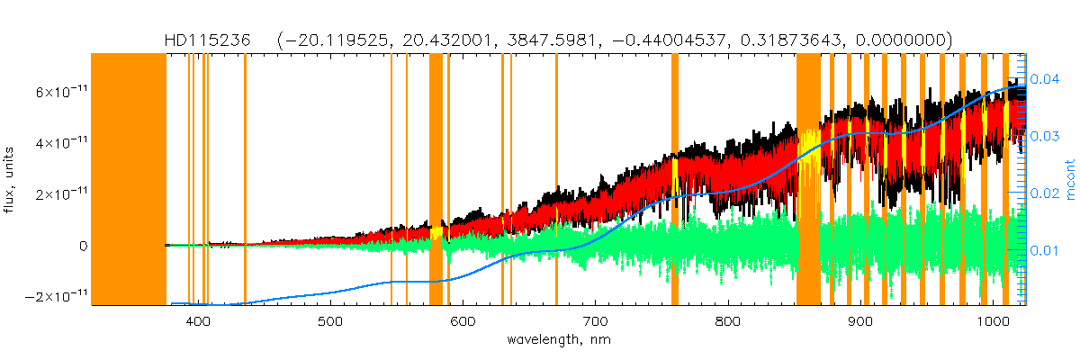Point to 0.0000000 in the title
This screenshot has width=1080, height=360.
click(x=897, y=40)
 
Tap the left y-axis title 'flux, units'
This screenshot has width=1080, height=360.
click(x=12, y=180)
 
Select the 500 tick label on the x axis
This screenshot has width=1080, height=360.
click(x=330, y=321)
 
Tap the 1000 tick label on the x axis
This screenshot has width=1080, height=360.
click(x=992, y=321)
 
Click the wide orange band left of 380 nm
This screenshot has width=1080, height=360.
click(x=129, y=180)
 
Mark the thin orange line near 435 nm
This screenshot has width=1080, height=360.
click(x=245, y=180)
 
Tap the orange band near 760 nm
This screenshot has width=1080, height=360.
click(x=675, y=180)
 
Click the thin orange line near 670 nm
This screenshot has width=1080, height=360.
click(x=556, y=180)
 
